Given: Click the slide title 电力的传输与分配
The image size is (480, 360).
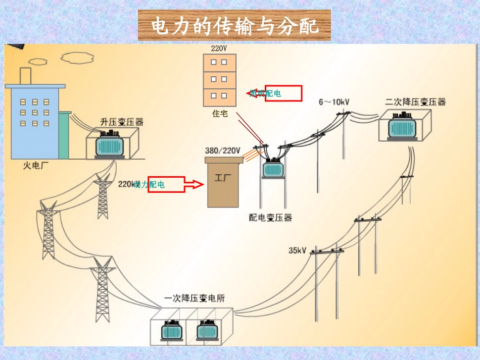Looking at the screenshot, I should coord(234,26).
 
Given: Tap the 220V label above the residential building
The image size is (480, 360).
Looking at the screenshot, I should coord(219,49).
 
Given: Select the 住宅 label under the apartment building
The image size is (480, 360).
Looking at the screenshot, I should coord(220,114).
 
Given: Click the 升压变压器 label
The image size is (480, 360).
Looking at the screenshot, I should coord(122,122).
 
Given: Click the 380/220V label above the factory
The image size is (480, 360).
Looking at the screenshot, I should coord(223,150).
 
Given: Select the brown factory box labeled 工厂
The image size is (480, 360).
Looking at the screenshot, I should coord(223,182).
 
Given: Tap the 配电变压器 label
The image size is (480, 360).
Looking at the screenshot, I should coord(271,218).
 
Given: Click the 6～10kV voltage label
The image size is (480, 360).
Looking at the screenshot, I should coord(334,102).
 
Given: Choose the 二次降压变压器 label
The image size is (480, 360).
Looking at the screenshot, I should coord(415,102).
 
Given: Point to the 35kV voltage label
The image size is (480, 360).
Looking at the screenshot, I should coord(298,250).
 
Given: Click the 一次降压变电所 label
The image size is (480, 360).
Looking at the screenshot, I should coord(195,298).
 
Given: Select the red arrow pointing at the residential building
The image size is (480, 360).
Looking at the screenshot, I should coord(275,93).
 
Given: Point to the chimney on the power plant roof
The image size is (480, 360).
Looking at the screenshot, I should coord(25,76).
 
